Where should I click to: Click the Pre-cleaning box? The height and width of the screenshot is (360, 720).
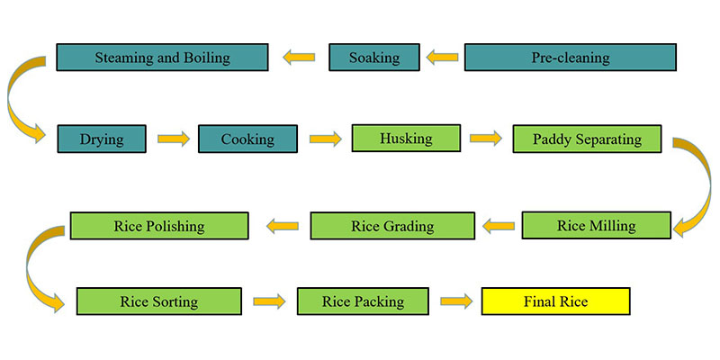pyautogui.click(x=570, y=58)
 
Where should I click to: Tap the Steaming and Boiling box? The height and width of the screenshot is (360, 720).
pyautogui.click(x=162, y=58)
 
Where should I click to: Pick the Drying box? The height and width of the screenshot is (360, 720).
pyautogui.click(x=101, y=139)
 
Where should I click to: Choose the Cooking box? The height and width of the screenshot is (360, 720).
pyautogui.click(x=247, y=139)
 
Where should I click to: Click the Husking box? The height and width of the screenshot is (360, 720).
pyautogui.click(x=405, y=139)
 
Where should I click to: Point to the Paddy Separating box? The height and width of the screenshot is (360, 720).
pyautogui.click(x=587, y=139)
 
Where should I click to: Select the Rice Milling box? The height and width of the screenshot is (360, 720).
pyautogui.click(x=596, y=225)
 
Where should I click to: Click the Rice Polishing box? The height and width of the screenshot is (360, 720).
pyautogui.click(x=159, y=225)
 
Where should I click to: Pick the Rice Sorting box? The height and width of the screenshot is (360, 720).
pyautogui.click(x=158, y=301)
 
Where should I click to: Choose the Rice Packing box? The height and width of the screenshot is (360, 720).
pyautogui.click(x=363, y=301)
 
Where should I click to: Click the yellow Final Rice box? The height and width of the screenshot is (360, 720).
pyautogui.click(x=555, y=301)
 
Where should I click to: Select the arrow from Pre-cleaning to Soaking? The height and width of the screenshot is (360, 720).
pyautogui.click(x=442, y=58)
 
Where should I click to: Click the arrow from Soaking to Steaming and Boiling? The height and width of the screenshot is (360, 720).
pyautogui.click(x=300, y=58)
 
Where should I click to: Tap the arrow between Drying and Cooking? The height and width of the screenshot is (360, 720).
pyautogui.click(x=173, y=139)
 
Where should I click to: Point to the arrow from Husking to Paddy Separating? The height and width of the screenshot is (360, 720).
pyautogui.click(x=485, y=139)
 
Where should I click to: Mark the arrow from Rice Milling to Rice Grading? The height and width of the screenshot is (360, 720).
pyautogui.click(x=498, y=226)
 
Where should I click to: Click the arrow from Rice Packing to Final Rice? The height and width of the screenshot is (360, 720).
pyautogui.click(x=455, y=301)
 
